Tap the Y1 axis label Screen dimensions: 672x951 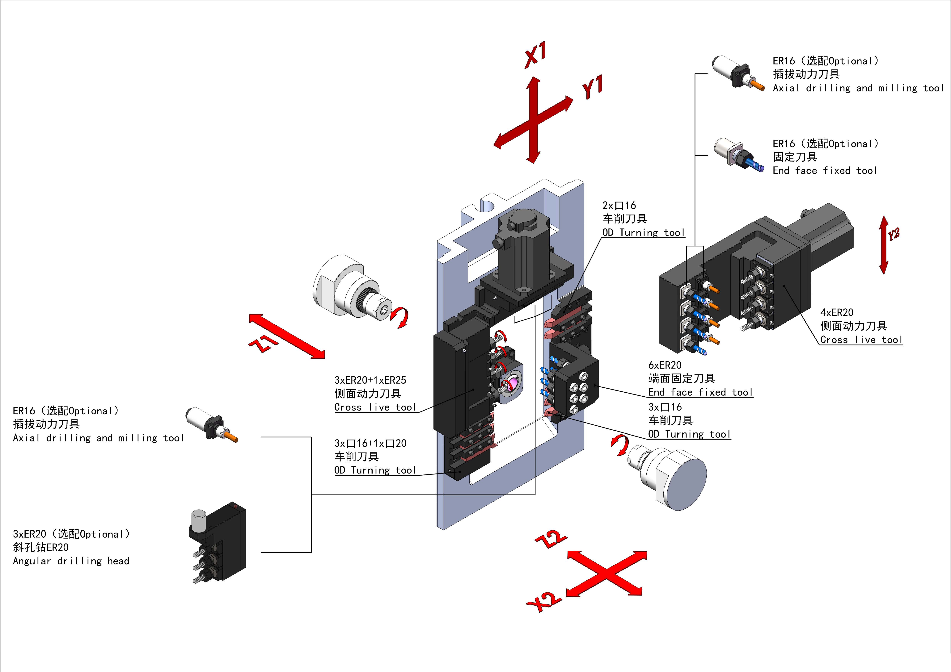point(592,86)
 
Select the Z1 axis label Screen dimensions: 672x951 point(263,343)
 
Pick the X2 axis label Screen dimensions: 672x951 point(544,602)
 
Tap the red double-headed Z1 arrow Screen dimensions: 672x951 point(287,336)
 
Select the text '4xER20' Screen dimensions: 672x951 point(837,313)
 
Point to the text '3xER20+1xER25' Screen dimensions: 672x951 point(370,380)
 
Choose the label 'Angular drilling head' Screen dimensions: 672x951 point(71,561)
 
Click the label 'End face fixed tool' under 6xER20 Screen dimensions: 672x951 point(700,392)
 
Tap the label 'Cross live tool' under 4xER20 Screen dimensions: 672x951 point(861,340)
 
